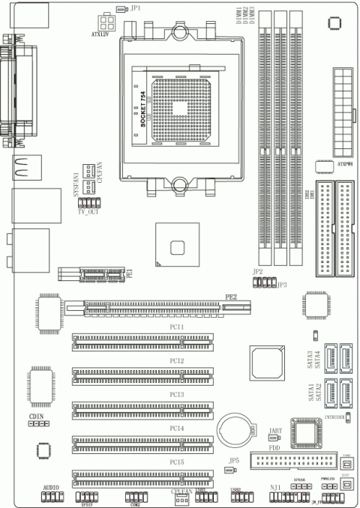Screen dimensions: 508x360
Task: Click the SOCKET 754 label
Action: (x=144, y=112)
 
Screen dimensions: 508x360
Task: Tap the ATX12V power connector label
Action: (x=100, y=34)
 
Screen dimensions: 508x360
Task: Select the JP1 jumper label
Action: (x=136, y=8)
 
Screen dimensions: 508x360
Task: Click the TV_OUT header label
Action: (x=88, y=212)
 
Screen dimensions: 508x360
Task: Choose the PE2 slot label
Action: (x=232, y=297)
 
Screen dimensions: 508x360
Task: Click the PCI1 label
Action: (x=177, y=328)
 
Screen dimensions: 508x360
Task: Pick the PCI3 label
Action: (x=177, y=394)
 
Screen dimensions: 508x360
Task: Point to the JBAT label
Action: (x=275, y=430)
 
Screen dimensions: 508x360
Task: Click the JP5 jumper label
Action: (x=234, y=461)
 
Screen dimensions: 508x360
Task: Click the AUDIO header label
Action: (x=51, y=487)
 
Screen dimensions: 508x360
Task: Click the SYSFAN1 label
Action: (x=76, y=184)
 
